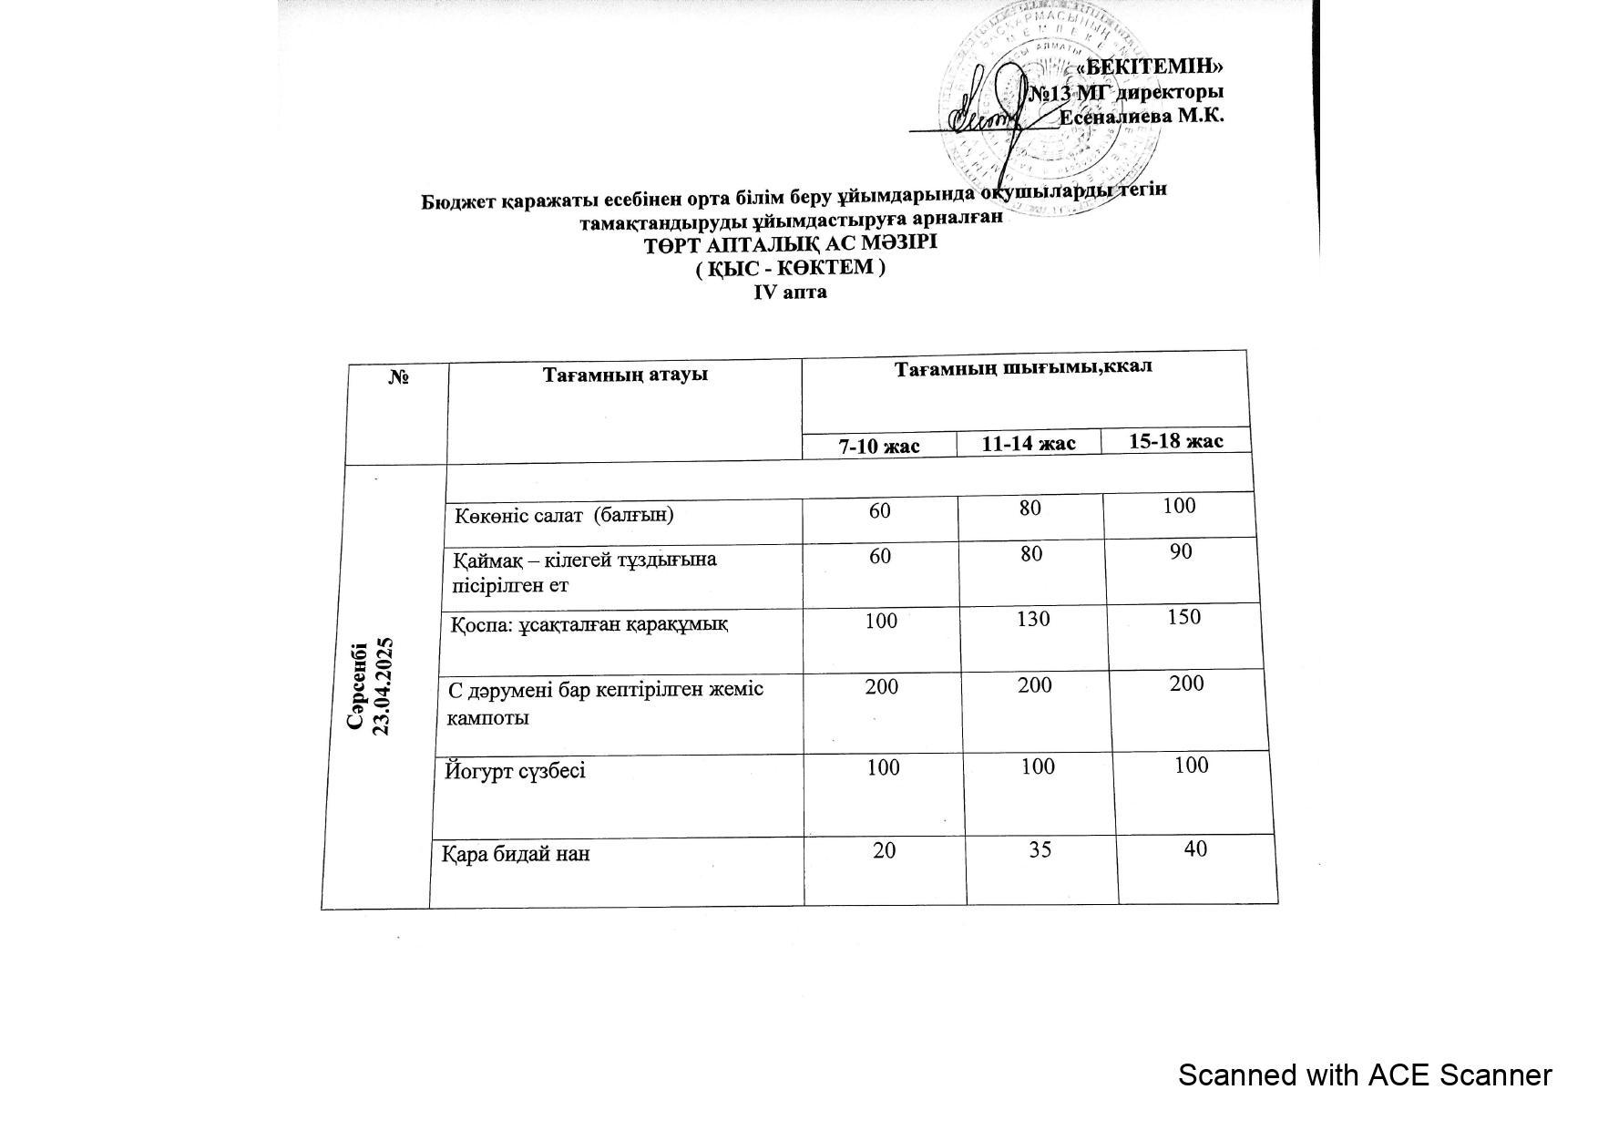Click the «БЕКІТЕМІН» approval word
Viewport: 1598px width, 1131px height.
point(1149,67)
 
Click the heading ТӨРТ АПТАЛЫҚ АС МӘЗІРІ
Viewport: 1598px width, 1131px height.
point(790,244)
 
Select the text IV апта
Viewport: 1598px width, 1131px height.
point(790,293)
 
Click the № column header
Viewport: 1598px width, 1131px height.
point(398,376)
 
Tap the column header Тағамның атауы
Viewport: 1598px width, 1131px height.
point(625,375)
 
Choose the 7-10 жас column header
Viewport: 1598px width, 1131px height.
point(879,446)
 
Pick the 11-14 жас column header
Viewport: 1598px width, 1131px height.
point(1029,444)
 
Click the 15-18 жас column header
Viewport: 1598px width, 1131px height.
point(1175,441)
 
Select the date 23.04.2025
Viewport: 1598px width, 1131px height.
point(384,685)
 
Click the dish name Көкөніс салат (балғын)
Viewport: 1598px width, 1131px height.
point(565,515)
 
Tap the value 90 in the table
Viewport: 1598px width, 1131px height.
point(1181,551)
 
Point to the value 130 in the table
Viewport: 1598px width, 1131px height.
point(1032,619)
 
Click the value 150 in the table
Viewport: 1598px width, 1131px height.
point(1183,617)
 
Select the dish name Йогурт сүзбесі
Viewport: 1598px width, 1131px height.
point(515,771)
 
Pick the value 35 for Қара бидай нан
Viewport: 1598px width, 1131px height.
point(1040,849)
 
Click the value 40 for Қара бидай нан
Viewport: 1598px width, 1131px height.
point(1195,848)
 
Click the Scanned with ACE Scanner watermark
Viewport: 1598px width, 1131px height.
point(1364,1075)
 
